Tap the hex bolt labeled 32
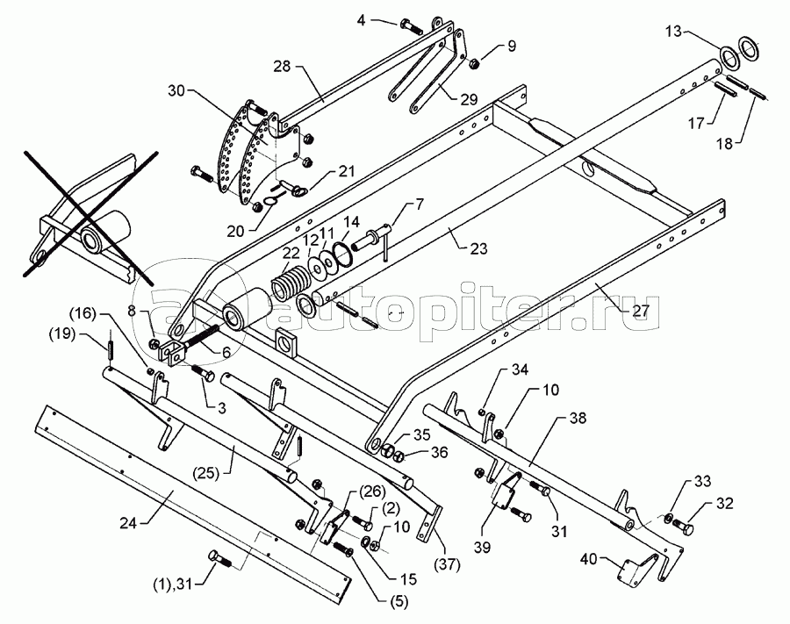click(683, 529)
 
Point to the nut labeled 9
click(472, 63)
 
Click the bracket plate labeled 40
click(633, 571)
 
